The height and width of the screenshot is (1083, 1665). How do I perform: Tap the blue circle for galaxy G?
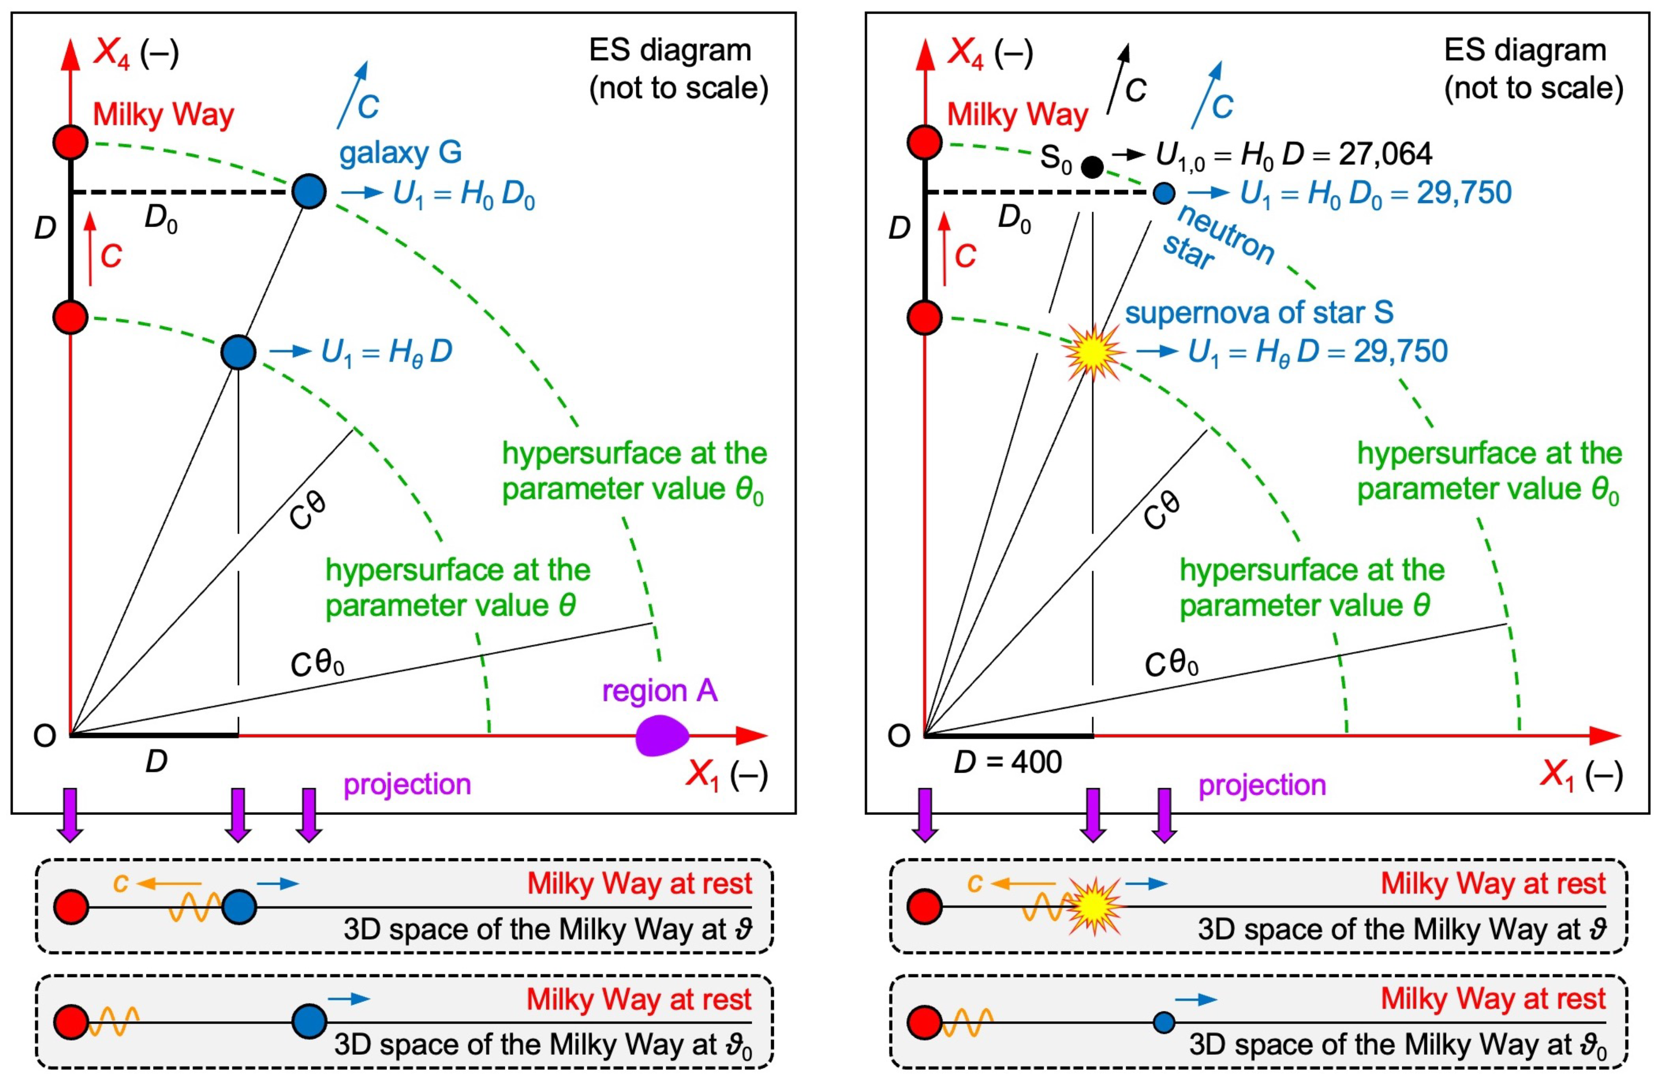(x=309, y=191)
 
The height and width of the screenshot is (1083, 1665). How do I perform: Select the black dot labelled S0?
(x=1092, y=166)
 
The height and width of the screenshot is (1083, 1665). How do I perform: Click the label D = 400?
(x=1008, y=762)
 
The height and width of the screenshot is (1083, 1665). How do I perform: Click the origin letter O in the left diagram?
(x=45, y=736)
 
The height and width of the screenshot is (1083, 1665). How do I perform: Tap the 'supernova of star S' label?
(x=1259, y=313)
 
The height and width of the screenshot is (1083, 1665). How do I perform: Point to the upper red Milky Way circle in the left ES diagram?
(x=71, y=142)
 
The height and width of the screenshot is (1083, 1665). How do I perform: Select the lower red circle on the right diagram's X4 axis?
(x=925, y=318)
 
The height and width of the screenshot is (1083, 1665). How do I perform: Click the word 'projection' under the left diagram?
(x=407, y=784)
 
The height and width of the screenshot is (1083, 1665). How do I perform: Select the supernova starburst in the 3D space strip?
(x=1093, y=907)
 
